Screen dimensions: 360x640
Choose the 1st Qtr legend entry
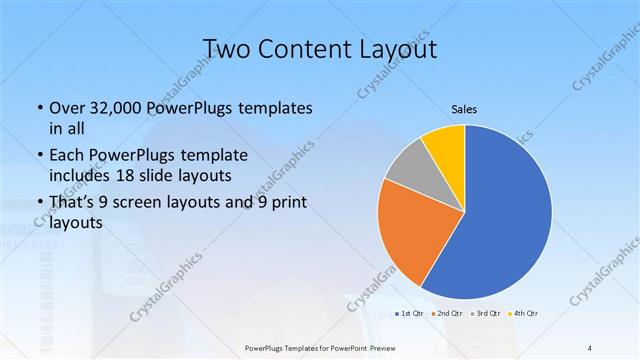pos(408,314)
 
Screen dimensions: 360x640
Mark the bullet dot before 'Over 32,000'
pos(38,108)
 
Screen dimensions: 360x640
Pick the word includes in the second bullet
pos(79,175)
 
